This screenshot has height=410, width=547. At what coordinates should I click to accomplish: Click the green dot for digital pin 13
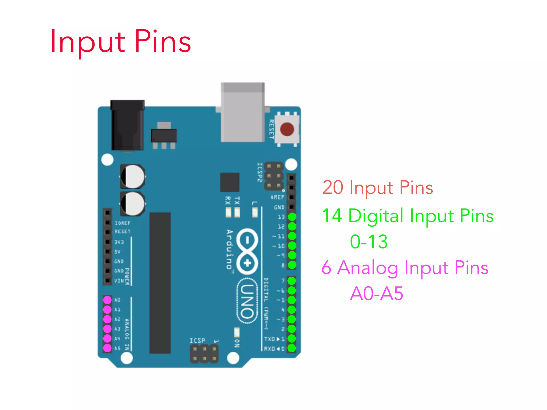pyautogui.click(x=292, y=217)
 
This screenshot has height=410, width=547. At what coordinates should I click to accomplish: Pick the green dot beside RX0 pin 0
pyautogui.click(x=291, y=348)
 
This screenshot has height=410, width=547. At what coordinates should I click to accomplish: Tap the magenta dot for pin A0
pyautogui.click(x=107, y=300)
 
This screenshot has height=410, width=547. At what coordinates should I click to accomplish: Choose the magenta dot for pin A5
pyautogui.click(x=107, y=348)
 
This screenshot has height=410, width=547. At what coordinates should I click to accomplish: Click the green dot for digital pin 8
pyautogui.click(x=292, y=265)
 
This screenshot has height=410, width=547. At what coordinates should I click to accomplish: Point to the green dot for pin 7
pyautogui.click(x=291, y=281)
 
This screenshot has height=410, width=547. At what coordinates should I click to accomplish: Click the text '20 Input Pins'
pyautogui.click(x=377, y=187)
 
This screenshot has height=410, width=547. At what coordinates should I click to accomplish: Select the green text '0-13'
pyautogui.click(x=369, y=242)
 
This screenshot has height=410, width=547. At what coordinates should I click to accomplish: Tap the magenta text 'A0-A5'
pyautogui.click(x=376, y=294)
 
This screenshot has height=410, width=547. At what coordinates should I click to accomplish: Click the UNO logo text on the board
pyautogui.click(x=247, y=301)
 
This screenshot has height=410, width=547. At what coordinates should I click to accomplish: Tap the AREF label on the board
pyautogui.click(x=277, y=197)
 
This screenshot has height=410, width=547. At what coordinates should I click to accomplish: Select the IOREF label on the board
pyautogui.click(x=123, y=223)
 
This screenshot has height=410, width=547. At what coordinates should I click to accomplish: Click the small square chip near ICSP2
pyautogui.click(x=229, y=182)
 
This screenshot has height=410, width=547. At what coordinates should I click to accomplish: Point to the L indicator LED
pyautogui.click(x=255, y=212)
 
